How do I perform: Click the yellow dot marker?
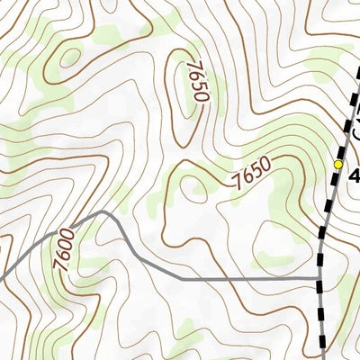338,165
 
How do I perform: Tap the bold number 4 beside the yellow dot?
354,174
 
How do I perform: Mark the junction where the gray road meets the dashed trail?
320,279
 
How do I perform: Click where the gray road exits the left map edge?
2,276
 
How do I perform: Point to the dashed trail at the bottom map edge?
322,357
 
